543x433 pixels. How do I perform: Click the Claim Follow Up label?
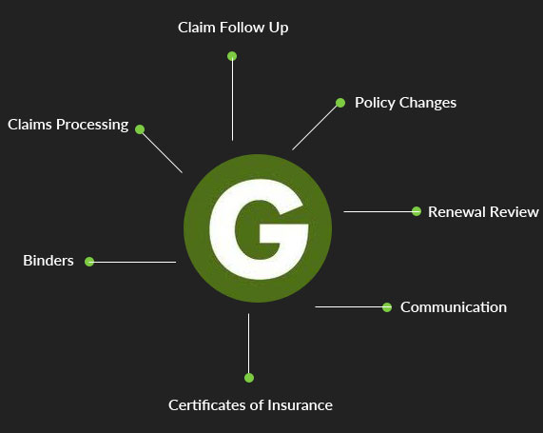[233, 28]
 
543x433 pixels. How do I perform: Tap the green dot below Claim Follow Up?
[232, 56]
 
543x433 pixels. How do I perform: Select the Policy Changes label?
[405, 103]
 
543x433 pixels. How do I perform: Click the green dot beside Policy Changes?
[340, 103]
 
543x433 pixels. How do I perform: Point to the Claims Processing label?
[68, 125]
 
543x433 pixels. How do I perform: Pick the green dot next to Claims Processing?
[140, 129]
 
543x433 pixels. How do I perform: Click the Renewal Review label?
[483, 212]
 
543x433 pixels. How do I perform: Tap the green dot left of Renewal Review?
[417, 211]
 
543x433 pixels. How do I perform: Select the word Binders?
[48, 261]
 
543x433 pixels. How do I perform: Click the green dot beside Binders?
[89, 262]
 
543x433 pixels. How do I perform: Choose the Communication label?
[454, 307]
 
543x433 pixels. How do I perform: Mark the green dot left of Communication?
[387, 307]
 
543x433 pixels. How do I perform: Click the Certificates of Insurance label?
[250, 405]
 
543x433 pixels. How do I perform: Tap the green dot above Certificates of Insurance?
[249, 378]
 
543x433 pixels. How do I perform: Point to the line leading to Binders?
[132, 262]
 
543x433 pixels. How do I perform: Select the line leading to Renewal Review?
[379, 211]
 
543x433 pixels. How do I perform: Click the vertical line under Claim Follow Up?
[232, 98]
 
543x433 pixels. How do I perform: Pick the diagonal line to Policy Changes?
[316, 127]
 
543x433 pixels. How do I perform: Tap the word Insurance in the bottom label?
[300, 405]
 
